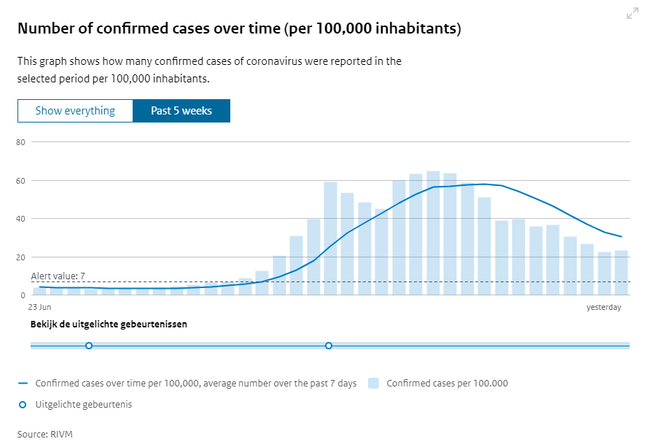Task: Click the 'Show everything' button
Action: (76, 111)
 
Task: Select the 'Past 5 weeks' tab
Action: (181, 111)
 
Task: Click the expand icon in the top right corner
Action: (632, 14)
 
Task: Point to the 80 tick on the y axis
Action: (20, 142)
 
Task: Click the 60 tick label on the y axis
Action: (20, 181)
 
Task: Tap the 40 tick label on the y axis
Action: (20, 219)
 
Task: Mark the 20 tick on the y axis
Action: (20, 257)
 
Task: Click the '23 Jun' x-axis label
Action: (39, 308)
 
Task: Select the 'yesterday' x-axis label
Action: (604, 308)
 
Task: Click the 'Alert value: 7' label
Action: (58, 276)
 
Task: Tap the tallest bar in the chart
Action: (433, 233)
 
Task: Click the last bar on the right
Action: (621, 273)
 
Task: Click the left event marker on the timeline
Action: (89, 346)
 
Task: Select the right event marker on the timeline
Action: (329, 346)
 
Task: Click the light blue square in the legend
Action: (374, 383)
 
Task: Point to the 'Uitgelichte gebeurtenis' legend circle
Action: (22, 404)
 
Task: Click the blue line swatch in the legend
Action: (23, 383)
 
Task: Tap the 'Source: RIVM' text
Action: (45, 434)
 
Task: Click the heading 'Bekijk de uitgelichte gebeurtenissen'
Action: (109, 324)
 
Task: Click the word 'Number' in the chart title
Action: (46, 28)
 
